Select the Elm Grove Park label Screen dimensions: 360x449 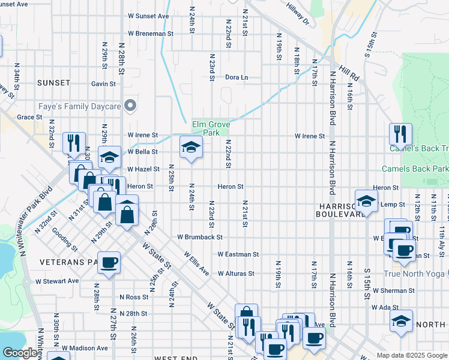pos(211,128)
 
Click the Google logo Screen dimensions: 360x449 pos(20,353)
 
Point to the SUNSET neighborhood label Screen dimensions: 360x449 pos(53,82)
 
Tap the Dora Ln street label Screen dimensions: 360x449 pos(236,77)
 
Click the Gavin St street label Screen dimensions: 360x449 pos(103,84)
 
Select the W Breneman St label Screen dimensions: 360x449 pos(150,34)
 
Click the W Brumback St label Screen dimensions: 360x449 pos(200,237)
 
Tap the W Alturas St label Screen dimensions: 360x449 pos(236,273)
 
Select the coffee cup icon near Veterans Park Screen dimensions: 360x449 pos(109,263)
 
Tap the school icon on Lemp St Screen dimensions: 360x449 pos(366,201)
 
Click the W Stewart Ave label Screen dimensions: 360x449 pos(57,280)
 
